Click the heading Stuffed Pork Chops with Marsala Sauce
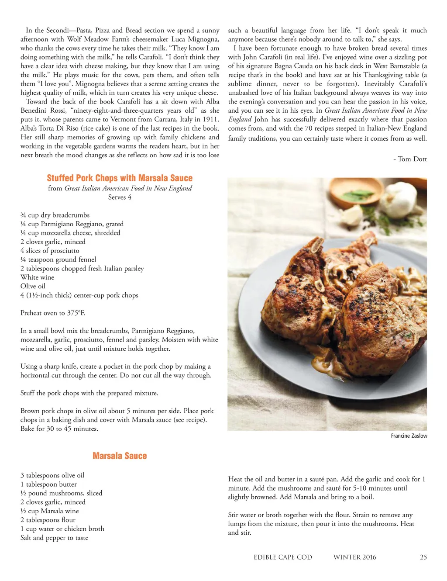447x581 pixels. pos(120,178)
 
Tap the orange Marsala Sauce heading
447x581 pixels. pos(120,456)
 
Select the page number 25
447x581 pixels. pos(423,557)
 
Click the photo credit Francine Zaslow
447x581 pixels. pos(409,436)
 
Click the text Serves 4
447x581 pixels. pos(120,197)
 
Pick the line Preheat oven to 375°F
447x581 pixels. pos(53,313)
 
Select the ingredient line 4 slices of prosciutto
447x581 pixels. pos(50,250)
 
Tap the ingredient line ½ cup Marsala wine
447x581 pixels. pos(50,511)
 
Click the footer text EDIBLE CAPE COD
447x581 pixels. pos(283,557)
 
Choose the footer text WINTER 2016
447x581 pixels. pos(354,557)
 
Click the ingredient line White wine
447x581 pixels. pos(38,277)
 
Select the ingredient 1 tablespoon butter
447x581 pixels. pos(48,484)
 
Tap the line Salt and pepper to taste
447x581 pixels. pos(54,537)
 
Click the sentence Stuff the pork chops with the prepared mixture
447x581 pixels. pos(89,393)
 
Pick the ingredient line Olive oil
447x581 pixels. pos(33,286)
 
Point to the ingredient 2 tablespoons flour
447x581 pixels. pos(48,519)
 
